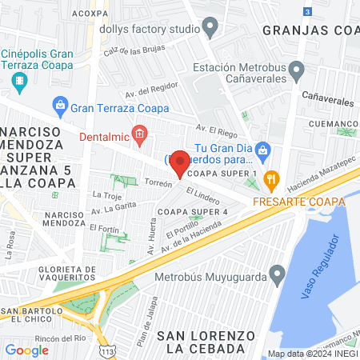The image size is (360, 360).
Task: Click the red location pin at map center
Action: click(180, 162)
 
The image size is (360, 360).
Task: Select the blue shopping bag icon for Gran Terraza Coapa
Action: click(59, 105)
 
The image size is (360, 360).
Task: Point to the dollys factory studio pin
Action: click(210, 30)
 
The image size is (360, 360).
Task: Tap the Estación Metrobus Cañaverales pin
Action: click(296, 70)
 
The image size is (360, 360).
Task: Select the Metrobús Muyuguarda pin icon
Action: click(277, 277)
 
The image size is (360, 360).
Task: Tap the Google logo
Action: click(26, 350)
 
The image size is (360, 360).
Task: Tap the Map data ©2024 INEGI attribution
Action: click(312, 354)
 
